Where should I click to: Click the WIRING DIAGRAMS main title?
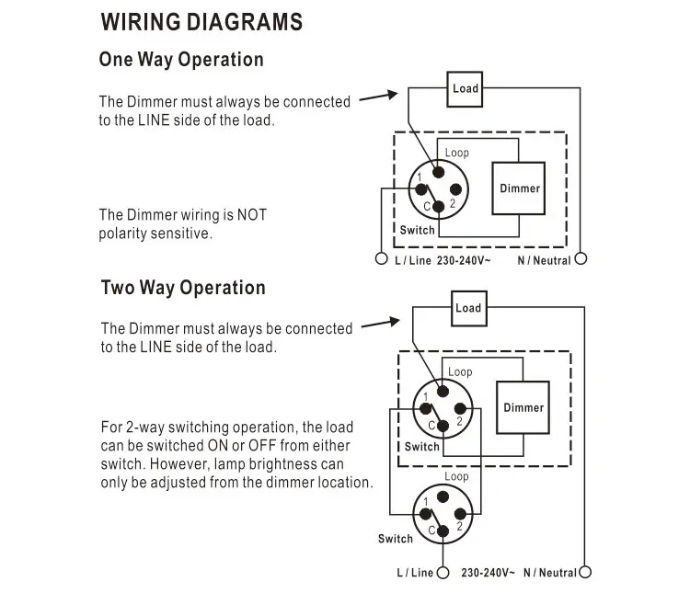click(x=201, y=22)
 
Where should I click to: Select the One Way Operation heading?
click(x=181, y=60)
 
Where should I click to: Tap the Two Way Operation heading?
click(x=183, y=288)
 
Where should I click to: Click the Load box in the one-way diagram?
click(x=466, y=88)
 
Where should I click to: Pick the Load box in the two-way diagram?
click(x=468, y=308)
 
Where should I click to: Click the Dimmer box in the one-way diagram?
click(x=520, y=188)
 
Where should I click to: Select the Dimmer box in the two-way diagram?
click(x=523, y=407)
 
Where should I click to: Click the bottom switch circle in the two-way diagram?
click(x=443, y=515)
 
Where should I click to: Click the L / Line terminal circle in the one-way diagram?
click(x=382, y=259)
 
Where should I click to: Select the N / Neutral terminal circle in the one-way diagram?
click(x=580, y=259)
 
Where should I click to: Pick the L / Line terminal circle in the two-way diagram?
click(x=443, y=573)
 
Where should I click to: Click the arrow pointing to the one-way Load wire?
click(x=378, y=97)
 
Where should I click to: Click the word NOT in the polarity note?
click(x=251, y=215)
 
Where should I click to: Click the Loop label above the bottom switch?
click(x=456, y=476)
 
